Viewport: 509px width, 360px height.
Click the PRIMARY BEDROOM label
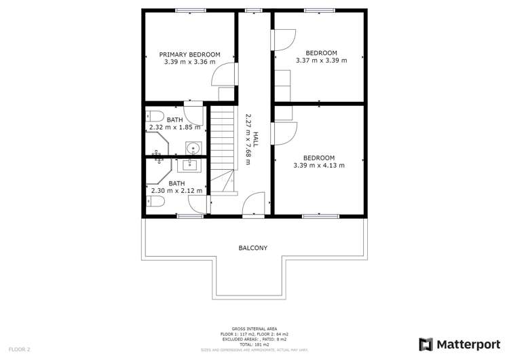pyautogui.click(x=189, y=54)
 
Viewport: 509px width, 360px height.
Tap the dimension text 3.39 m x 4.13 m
pyautogui.click(x=318, y=165)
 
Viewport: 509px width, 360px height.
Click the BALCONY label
pyautogui.click(x=252, y=248)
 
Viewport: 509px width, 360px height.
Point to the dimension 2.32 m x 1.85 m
pyautogui.click(x=174, y=127)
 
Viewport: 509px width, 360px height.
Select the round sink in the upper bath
pyautogui.click(x=192, y=147)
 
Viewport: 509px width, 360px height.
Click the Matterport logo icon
pyautogui.click(x=426, y=344)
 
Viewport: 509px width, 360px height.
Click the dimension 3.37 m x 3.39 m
pyautogui.click(x=321, y=60)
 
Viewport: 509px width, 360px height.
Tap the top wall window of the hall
pyautogui.click(x=254, y=10)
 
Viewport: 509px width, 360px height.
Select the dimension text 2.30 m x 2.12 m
pyautogui.click(x=176, y=191)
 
